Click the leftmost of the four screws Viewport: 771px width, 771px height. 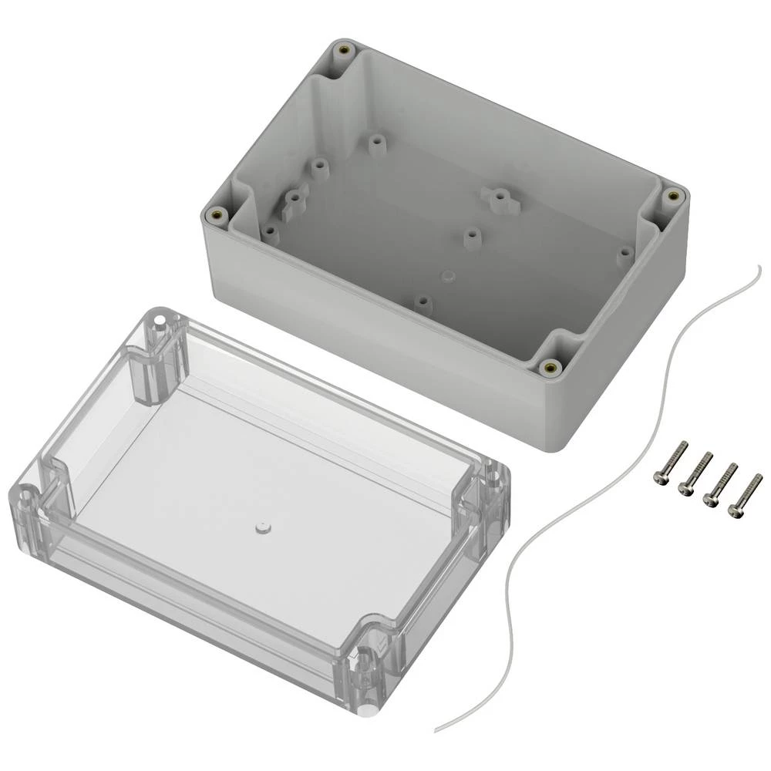(669, 465)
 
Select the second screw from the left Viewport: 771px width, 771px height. (694, 474)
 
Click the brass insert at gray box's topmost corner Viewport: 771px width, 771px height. (342, 52)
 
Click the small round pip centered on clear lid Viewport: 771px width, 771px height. (261, 528)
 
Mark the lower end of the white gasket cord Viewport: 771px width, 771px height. (436, 729)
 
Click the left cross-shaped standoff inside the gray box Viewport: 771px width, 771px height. (295, 202)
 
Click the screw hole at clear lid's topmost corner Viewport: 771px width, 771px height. (160, 318)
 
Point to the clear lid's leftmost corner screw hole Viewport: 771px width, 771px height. (25, 493)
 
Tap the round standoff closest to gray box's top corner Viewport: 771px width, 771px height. (375, 144)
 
